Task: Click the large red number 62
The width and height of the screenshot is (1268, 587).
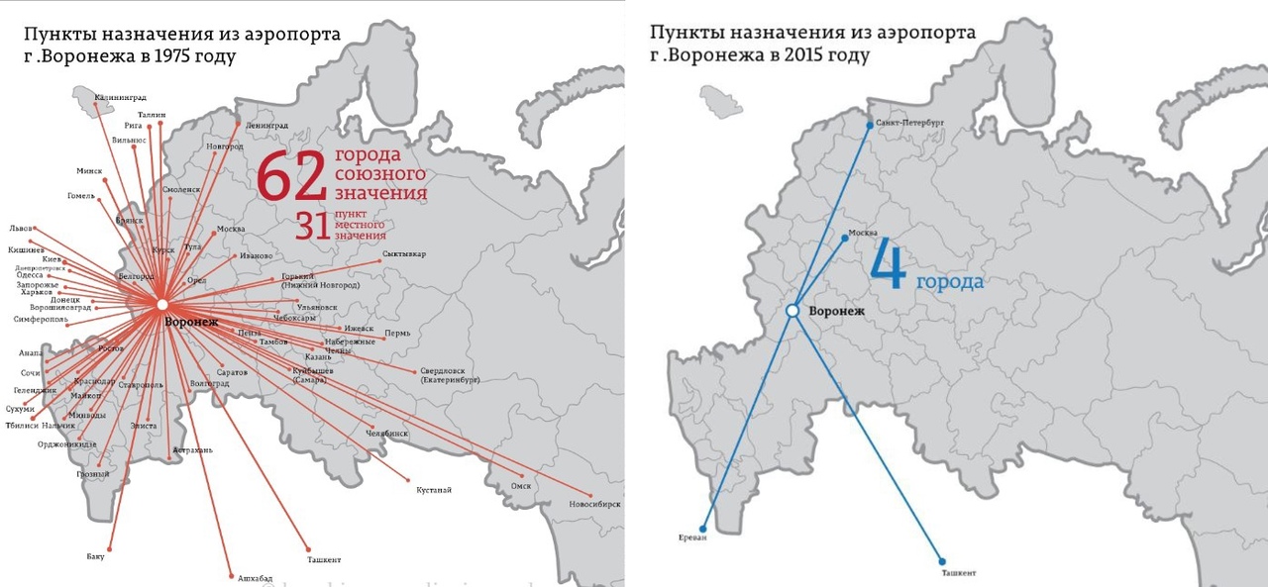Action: (291, 177)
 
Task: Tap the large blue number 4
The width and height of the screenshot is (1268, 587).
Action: (889, 268)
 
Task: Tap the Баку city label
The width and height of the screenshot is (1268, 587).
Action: (96, 556)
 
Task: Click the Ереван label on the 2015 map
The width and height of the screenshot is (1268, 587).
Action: (693, 538)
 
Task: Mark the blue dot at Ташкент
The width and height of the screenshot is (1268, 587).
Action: (942, 561)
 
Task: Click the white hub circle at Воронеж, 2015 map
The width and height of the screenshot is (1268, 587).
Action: (792, 311)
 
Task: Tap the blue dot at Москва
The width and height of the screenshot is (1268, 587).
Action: (844, 238)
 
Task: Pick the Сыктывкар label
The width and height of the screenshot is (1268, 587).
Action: (404, 254)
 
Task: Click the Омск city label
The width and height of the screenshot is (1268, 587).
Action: (521, 486)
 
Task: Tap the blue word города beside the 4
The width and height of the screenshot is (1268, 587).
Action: (949, 283)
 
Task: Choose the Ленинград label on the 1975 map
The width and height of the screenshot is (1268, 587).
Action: (266, 127)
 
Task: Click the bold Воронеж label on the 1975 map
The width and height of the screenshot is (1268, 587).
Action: (191, 323)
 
